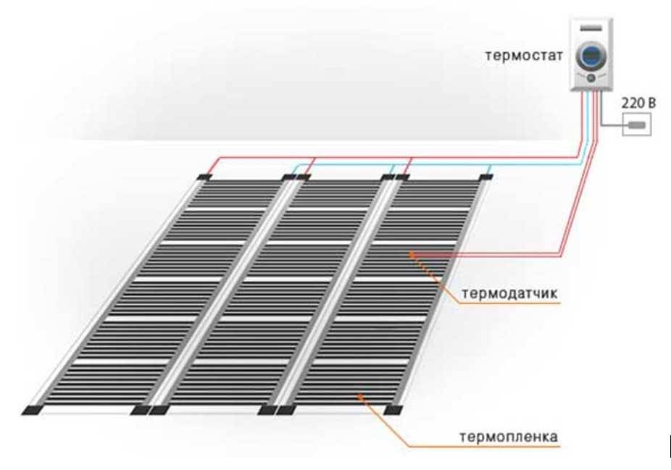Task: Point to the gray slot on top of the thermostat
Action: [x=592, y=27]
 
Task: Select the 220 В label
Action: [x=638, y=104]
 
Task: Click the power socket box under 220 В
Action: [x=637, y=125]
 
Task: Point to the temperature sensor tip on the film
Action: [x=412, y=253]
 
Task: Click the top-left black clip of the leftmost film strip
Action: [x=204, y=176]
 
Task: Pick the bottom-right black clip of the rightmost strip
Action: [x=393, y=410]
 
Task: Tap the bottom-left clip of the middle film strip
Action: [x=160, y=410]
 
